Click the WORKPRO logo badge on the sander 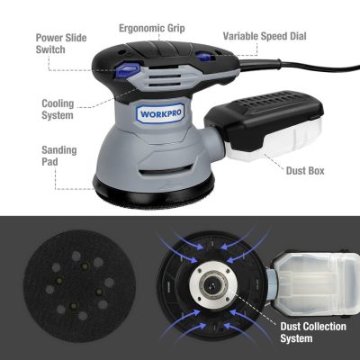[160, 113]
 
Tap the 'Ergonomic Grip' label [152, 28]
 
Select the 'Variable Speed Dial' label [265, 36]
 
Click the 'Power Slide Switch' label [61, 44]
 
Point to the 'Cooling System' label [58, 109]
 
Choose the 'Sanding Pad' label [59, 156]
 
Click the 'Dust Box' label [305, 171]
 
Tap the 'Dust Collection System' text [313, 332]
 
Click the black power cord [300, 66]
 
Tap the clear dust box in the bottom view [315, 283]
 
